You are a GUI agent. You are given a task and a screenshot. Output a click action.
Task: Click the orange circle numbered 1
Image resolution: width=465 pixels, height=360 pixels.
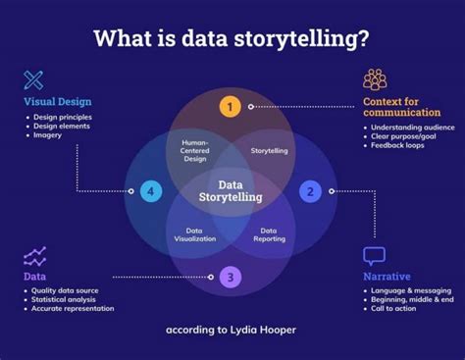point(230,106)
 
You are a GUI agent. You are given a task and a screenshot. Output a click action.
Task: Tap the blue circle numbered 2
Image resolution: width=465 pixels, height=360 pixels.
point(310,191)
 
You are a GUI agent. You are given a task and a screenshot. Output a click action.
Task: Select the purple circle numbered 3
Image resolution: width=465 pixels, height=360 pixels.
point(230,278)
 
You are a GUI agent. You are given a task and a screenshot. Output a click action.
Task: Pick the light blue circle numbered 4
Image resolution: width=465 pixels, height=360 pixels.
point(150,191)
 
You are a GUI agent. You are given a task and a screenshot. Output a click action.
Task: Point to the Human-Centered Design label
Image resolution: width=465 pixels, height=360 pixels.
point(194,151)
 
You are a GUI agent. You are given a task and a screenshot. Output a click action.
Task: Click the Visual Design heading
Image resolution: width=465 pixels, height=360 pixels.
point(58,101)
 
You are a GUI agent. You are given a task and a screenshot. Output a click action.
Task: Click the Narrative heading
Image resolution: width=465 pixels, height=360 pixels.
point(387,277)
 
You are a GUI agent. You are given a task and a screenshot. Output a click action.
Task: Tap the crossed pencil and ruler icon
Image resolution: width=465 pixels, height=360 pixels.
point(34,79)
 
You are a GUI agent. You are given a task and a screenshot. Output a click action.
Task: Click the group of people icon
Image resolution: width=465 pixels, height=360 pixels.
point(375,78)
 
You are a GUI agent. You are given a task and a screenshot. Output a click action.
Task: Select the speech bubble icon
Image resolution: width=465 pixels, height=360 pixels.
point(374,256)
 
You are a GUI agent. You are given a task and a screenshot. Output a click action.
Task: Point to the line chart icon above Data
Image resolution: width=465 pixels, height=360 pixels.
point(35,257)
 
